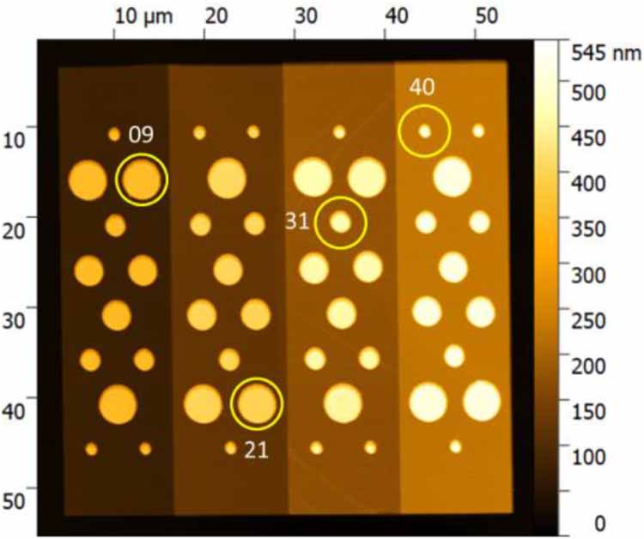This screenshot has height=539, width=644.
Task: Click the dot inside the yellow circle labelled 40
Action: (x=424, y=131)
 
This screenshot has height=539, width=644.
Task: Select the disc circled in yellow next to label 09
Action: (x=142, y=179)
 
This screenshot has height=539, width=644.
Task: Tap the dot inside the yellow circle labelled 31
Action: (x=341, y=222)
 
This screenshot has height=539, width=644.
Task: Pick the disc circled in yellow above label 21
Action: (x=257, y=403)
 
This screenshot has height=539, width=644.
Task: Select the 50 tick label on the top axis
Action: (x=476, y=17)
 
